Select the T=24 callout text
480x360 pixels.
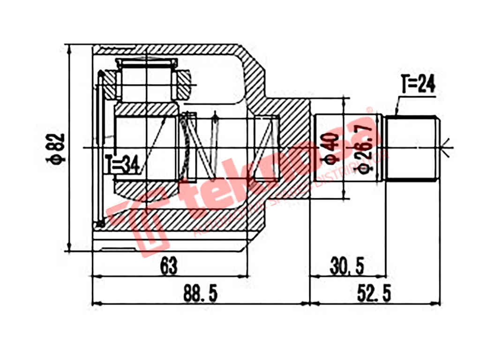pos(419,85)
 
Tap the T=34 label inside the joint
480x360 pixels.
pos(122,165)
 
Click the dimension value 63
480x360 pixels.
pos(169,267)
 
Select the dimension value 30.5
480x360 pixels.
pos(347,267)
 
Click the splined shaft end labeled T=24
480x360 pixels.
pos(412,148)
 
